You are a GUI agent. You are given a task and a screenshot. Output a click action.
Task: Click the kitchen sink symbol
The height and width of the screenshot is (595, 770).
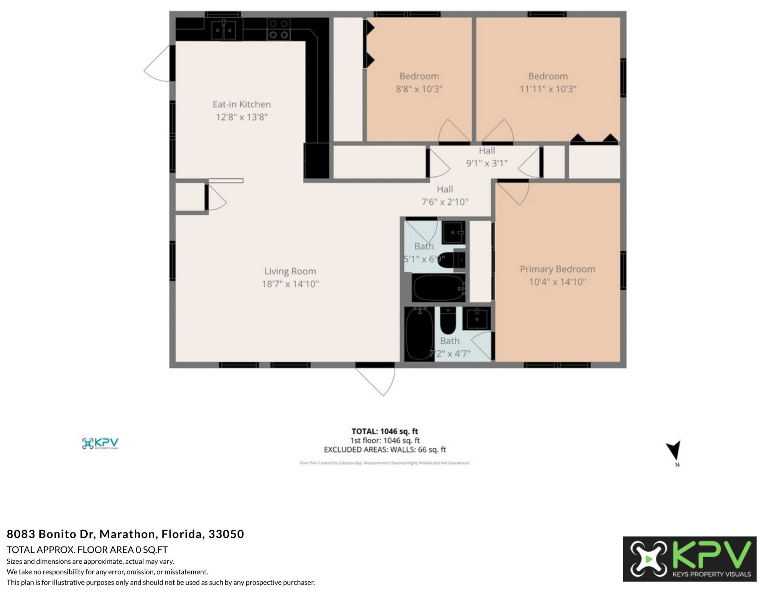(x=224, y=30)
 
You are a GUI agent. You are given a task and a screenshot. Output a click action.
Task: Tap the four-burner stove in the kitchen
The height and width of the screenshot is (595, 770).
(x=279, y=29)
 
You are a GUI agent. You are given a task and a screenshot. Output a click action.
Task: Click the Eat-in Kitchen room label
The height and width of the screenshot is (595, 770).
(x=241, y=104)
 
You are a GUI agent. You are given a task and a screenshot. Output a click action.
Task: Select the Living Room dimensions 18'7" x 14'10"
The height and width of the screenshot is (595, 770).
(x=290, y=284)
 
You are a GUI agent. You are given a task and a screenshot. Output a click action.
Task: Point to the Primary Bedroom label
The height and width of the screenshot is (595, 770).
(x=557, y=269)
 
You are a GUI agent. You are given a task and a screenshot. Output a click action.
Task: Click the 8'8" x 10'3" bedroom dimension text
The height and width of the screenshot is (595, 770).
(x=419, y=89)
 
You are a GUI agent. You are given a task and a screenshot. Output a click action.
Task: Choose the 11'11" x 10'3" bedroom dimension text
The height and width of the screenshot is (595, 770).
(x=548, y=89)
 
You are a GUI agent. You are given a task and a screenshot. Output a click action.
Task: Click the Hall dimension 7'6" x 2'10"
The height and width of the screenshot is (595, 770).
(x=445, y=202)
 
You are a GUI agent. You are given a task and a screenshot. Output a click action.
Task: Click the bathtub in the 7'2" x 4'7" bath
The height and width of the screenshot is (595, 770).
(x=419, y=334)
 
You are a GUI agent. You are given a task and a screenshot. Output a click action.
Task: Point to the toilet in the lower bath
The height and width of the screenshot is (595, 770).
(x=448, y=322)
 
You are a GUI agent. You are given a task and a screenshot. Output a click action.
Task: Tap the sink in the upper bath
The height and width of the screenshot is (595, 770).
(x=454, y=232)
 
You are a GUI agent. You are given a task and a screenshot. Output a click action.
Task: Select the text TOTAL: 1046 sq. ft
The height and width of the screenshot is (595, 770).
(x=385, y=431)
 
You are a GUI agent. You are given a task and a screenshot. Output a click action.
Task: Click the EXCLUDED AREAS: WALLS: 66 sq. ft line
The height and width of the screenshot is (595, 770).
(x=385, y=449)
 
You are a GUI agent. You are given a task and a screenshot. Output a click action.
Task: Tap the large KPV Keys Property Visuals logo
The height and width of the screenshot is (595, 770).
(x=689, y=559)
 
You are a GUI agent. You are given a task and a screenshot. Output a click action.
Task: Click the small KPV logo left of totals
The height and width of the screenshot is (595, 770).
(x=100, y=443)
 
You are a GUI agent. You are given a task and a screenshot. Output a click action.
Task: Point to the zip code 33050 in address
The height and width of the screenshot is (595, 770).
(x=226, y=534)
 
